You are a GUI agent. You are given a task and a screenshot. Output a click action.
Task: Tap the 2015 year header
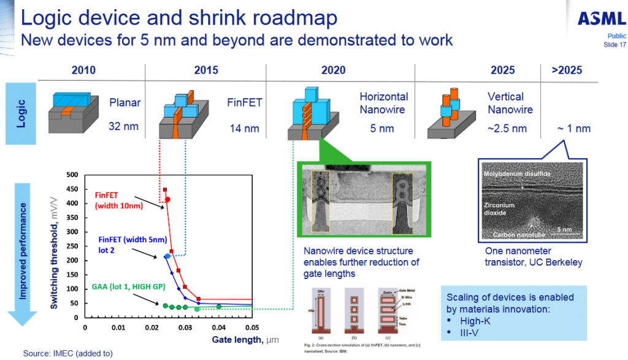point(206,70)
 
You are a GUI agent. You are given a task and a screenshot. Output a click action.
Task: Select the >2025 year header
point(567,70)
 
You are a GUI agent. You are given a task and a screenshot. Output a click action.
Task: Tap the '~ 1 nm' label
point(573,129)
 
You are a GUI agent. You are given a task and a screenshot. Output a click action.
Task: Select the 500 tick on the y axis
point(72,175)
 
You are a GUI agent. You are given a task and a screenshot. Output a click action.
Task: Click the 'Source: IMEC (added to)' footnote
point(68,353)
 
